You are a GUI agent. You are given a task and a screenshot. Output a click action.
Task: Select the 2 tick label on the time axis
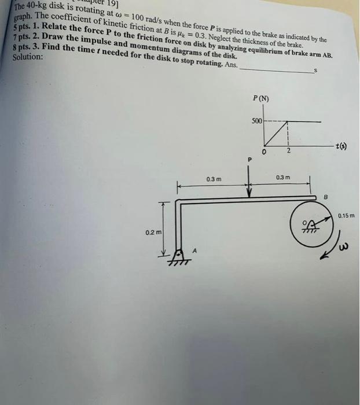[x=288, y=152]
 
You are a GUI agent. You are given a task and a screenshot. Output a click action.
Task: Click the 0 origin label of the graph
[x=263, y=153]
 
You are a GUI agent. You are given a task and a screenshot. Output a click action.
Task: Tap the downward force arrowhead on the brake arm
[x=249, y=194]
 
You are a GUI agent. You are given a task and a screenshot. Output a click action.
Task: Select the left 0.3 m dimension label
[x=214, y=179]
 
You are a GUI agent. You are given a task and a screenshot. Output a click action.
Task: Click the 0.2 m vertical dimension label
[x=153, y=233]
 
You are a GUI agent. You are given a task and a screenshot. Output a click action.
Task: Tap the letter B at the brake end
[x=325, y=197]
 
